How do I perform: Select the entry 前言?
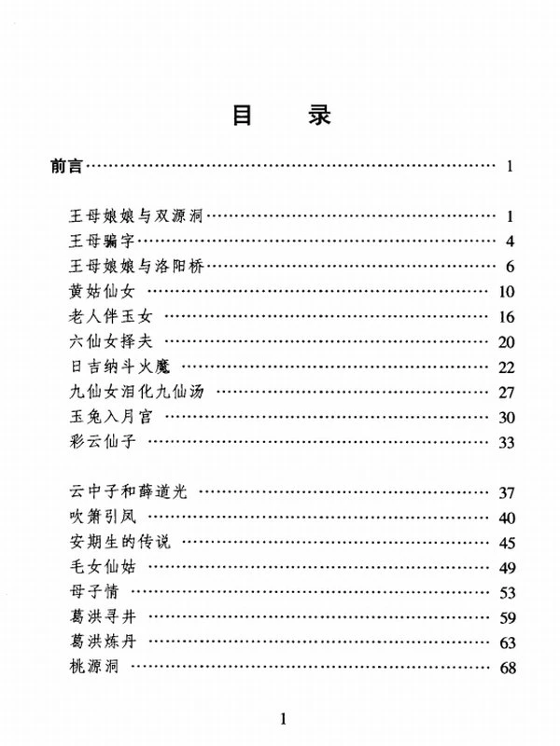point(67,168)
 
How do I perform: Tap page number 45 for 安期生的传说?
point(507,543)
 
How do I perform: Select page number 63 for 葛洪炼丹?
point(507,642)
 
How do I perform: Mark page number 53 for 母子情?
point(507,592)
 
